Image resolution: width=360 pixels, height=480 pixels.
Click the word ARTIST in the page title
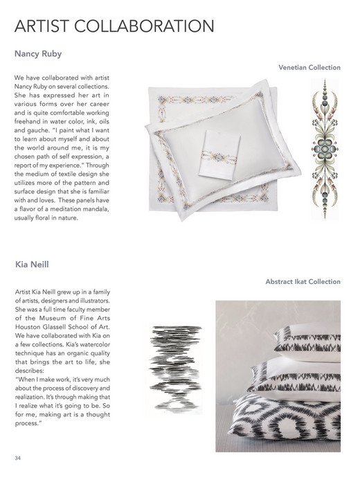tap(42, 27)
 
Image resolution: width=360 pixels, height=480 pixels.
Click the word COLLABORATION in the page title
tap(145, 27)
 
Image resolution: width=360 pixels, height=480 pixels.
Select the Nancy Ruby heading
tap(39, 53)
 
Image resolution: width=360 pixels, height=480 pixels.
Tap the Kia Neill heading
tap(33, 265)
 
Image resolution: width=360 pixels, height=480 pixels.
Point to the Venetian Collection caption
tap(309, 68)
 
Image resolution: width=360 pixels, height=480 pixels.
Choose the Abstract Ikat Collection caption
tap(303, 282)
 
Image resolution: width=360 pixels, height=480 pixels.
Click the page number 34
tap(17, 459)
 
